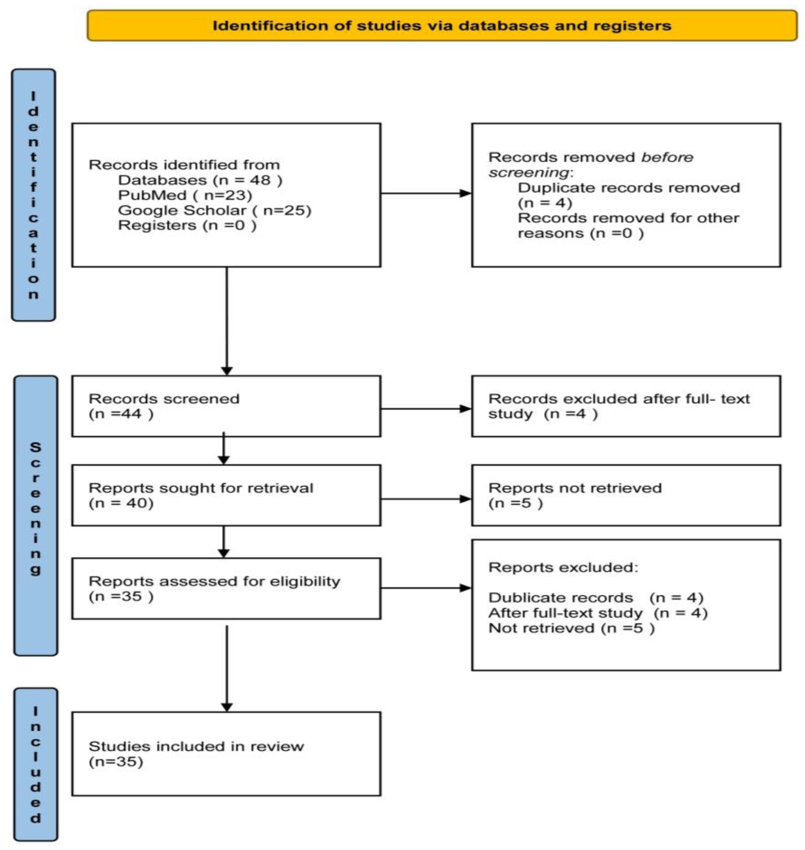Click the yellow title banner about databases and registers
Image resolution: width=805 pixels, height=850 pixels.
pyautogui.click(x=442, y=26)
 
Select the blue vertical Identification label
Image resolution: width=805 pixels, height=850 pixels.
pyautogui.click(x=33, y=195)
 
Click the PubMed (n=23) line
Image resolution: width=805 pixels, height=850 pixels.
pyautogui.click(x=185, y=195)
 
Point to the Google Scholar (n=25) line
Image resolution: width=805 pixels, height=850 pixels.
pyautogui.click(x=214, y=210)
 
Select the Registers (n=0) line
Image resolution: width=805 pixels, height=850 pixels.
pyautogui.click(x=187, y=225)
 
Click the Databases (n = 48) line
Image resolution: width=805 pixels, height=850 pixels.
pyautogui.click(x=200, y=180)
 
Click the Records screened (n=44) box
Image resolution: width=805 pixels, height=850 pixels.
pyautogui.click(x=226, y=406)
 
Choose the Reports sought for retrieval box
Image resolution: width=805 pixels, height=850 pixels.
pyautogui.click(x=226, y=495)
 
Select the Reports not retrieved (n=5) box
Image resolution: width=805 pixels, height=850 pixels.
pyautogui.click(x=626, y=495)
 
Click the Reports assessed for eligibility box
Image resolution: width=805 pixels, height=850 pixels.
pyautogui.click(x=226, y=588)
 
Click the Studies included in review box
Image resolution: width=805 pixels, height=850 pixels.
pyautogui.click(x=226, y=754)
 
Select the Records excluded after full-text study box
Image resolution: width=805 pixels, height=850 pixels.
pyautogui.click(x=626, y=406)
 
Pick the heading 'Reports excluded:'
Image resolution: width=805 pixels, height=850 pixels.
pyautogui.click(x=563, y=568)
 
